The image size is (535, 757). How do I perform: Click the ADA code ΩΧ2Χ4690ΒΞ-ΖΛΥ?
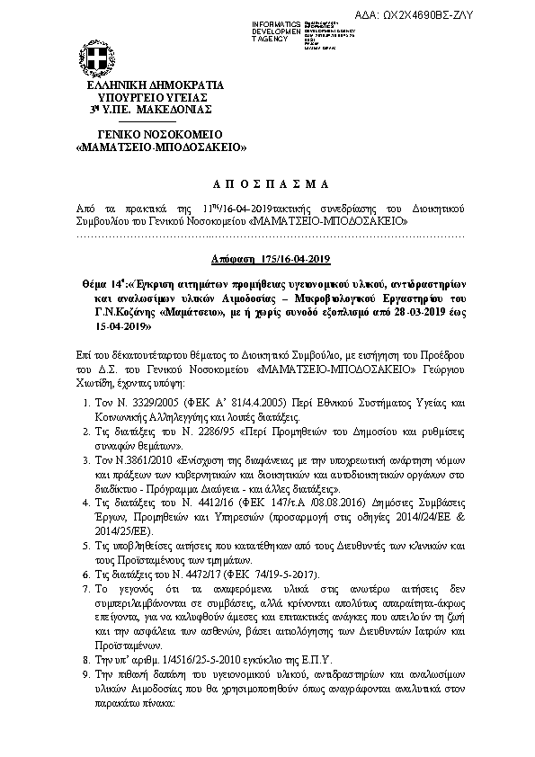(x=427, y=15)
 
